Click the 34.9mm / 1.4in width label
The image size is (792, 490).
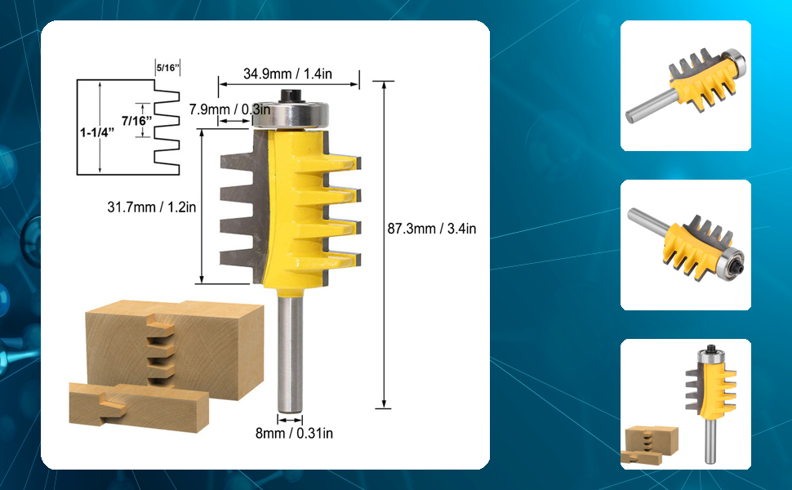(x=287, y=73)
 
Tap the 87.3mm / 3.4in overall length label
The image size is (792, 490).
(x=431, y=229)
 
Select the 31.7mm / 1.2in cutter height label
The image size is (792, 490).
(x=152, y=207)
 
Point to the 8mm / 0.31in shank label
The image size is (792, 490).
(x=294, y=433)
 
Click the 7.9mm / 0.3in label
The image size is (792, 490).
(x=229, y=109)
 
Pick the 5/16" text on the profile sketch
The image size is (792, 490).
(x=167, y=68)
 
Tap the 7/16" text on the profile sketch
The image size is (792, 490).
(x=136, y=121)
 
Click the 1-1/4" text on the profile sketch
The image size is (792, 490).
(x=97, y=132)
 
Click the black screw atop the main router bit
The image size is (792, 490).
(x=290, y=95)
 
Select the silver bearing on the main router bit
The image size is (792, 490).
(x=291, y=114)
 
